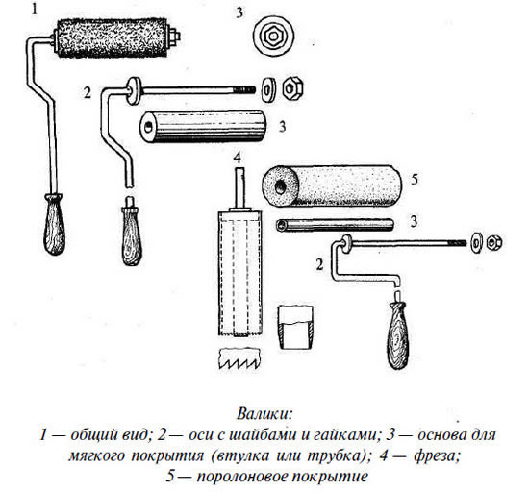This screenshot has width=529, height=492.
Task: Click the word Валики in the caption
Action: pyautogui.click(x=264, y=413)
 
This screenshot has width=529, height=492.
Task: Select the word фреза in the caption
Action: pyautogui.click(x=437, y=455)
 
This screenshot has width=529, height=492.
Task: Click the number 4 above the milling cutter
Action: pyautogui.click(x=238, y=158)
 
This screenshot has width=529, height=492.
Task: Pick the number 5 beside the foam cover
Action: pyautogui.click(x=415, y=180)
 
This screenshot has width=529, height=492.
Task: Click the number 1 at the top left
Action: pyautogui.click(x=35, y=9)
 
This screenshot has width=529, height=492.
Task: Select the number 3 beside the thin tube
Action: pyautogui.click(x=414, y=221)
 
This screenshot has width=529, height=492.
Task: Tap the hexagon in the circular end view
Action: pyautogui.click(x=273, y=37)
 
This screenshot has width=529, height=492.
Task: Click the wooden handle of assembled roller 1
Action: pyautogui.click(x=54, y=224)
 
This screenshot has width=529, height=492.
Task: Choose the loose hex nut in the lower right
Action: pyautogui.click(x=494, y=242)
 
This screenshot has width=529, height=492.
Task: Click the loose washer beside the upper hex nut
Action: pyautogui.click(x=268, y=89)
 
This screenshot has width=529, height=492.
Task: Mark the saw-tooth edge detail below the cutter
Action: pyautogui.click(x=240, y=359)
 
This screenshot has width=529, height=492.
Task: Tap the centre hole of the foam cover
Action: pyautogui.click(x=280, y=187)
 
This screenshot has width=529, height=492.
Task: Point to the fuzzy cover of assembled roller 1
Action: pyautogui.click(x=112, y=37)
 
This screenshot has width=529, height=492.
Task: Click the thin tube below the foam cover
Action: pyautogui.click(x=335, y=225)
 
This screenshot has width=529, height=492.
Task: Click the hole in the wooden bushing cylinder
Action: pyautogui.click(x=148, y=127)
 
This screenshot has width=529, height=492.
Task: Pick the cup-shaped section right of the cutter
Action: pyautogui.click(x=295, y=328)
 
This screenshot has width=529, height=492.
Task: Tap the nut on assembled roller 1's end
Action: pyautogui.click(x=175, y=37)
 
